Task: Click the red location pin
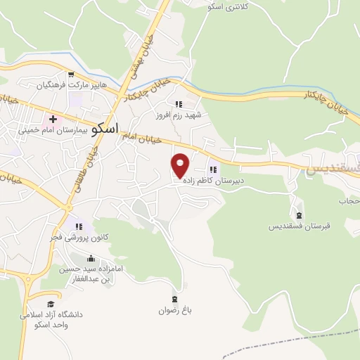[x=181, y=165]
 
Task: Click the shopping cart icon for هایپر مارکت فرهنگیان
[x=72, y=75]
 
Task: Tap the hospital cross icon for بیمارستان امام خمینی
[x=53, y=119]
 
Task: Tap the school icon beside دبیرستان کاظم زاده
[x=213, y=169]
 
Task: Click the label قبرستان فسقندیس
[x=299, y=226]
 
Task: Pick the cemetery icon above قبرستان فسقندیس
[x=300, y=215]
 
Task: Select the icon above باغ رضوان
[x=174, y=297]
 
